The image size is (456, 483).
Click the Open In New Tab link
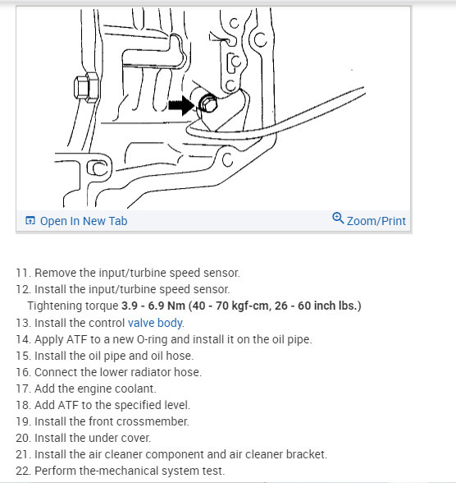(83, 221)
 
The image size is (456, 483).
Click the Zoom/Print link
(376, 221)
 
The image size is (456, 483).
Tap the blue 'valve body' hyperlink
(156, 323)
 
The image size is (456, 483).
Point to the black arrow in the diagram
(182, 105)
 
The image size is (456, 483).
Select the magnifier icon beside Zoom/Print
(338, 219)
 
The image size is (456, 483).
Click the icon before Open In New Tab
(30, 221)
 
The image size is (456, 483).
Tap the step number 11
(22, 273)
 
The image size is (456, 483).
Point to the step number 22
(22, 471)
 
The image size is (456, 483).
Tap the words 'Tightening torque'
(68, 306)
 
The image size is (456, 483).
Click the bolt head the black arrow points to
(207, 104)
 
